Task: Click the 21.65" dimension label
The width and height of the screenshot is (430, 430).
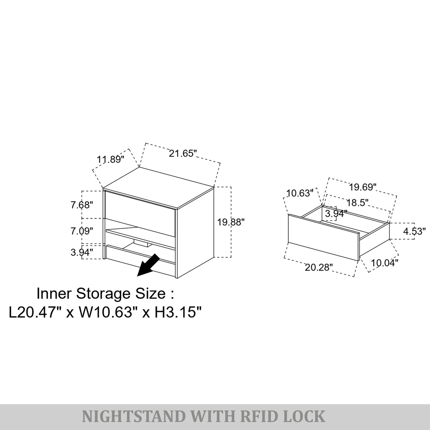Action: pyautogui.click(x=183, y=153)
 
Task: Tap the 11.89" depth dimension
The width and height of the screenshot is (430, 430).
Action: pyautogui.click(x=110, y=159)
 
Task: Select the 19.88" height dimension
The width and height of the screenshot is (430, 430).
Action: pyautogui.click(x=231, y=222)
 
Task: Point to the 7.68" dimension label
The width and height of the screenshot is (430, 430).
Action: pyautogui.click(x=82, y=205)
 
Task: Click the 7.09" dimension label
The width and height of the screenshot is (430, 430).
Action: pyautogui.click(x=82, y=231)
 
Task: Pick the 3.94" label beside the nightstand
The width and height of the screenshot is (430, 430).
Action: pyautogui.click(x=82, y=253)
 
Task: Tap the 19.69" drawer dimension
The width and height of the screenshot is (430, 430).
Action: pyautogui.click(x=363, y=187)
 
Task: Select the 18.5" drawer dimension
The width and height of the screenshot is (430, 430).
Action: pyautogui.click(x=357, y=203)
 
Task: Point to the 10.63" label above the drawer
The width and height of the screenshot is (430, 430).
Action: pyautogui.click(x=300, y=193)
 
